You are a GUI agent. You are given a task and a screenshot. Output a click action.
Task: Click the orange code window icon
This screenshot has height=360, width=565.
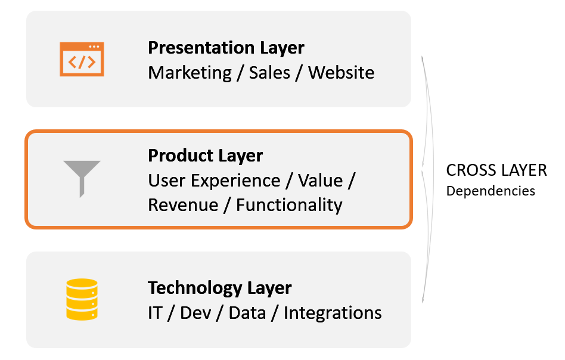click(x=82, y=59)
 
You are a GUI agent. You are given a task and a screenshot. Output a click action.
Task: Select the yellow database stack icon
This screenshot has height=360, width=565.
click(x=82, y=299)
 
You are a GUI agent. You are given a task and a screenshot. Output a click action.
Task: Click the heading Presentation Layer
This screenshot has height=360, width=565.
click(x=226, y=48)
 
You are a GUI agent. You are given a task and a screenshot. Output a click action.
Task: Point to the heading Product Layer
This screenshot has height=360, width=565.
click(x=205, y=156)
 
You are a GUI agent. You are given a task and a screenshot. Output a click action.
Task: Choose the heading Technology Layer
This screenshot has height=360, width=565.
click(x=219, y=288)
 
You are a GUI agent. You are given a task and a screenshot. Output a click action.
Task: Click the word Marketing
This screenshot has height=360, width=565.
click(x=190, y=73)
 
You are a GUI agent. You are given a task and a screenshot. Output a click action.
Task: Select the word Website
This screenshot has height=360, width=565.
click(x=342, y=73)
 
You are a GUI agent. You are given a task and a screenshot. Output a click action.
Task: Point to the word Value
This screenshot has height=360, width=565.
click(x=319, y=180)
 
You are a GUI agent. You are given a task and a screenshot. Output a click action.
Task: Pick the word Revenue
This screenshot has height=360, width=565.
click(x=183, y=205)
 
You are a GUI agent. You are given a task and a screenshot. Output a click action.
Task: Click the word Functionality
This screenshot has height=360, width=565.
click(x=289, y=205)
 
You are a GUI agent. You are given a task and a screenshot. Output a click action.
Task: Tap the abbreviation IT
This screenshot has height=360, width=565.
click(x=155, y=313)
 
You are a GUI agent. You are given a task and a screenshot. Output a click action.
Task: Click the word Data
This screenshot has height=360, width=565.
click(x=247, y=313)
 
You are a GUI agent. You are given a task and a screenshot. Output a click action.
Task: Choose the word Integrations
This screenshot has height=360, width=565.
click(x=333, y=313)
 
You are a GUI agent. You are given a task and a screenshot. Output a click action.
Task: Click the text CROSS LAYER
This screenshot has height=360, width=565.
click(x=496, y=170)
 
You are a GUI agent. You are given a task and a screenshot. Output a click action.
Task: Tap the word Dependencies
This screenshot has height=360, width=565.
click(x=491, y=191)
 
